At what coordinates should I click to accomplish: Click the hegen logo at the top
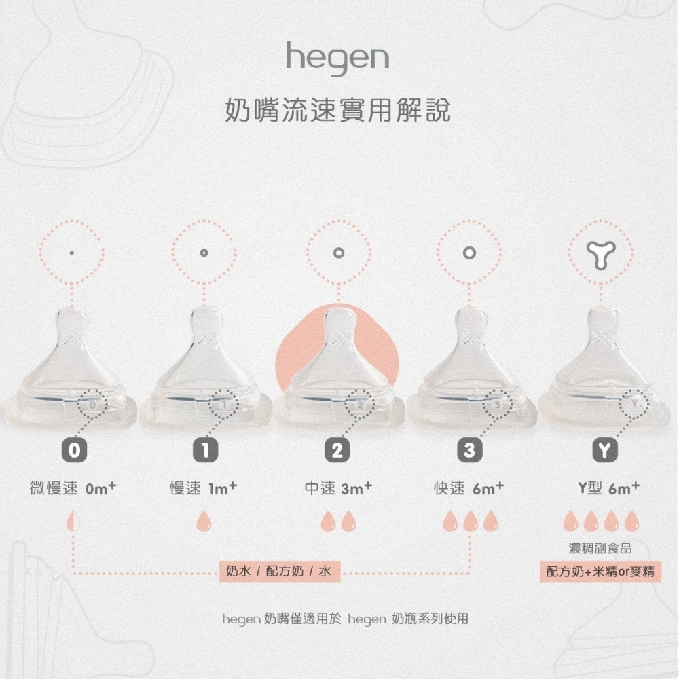click(337, 58)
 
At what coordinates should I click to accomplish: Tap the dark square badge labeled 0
click(73, 449)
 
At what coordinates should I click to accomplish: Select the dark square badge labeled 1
click(204, 449)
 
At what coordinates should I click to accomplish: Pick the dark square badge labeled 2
click(337, 449)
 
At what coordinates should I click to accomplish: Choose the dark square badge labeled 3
click(469, 449)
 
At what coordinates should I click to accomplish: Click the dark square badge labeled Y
click(602, 449)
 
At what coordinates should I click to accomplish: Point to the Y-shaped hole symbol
click(601, 253)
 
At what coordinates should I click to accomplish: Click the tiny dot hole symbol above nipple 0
click(71, 253)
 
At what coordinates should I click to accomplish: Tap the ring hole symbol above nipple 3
click(469, 253)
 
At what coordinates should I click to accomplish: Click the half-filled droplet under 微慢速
click(73, 521)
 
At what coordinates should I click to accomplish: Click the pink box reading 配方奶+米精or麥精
click(602, 572)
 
